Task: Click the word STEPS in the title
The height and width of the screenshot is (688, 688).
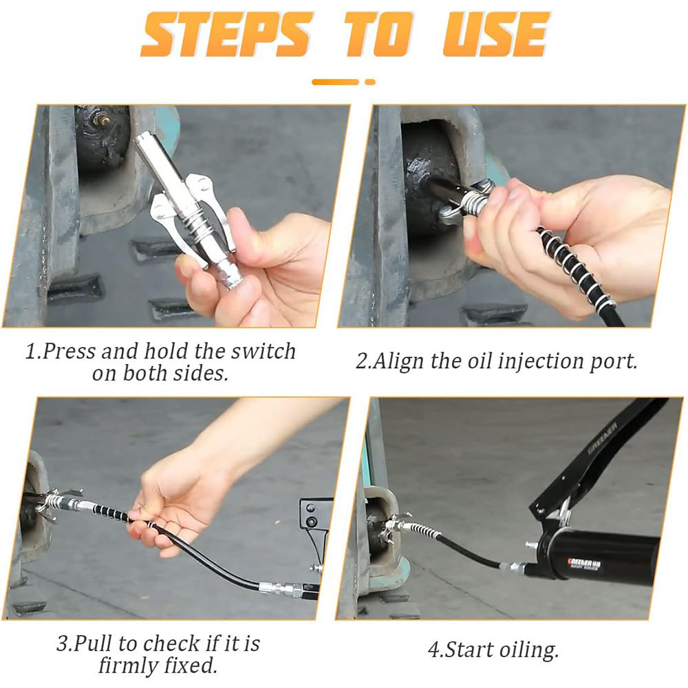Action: tap(226, 34)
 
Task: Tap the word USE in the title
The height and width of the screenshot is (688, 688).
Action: tap(496, 34)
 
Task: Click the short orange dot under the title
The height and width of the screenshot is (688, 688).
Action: tap(370, 82)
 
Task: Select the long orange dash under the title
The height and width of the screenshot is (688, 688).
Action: tap(335, 82)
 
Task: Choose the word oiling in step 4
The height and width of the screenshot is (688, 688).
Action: tap(527, 650)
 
